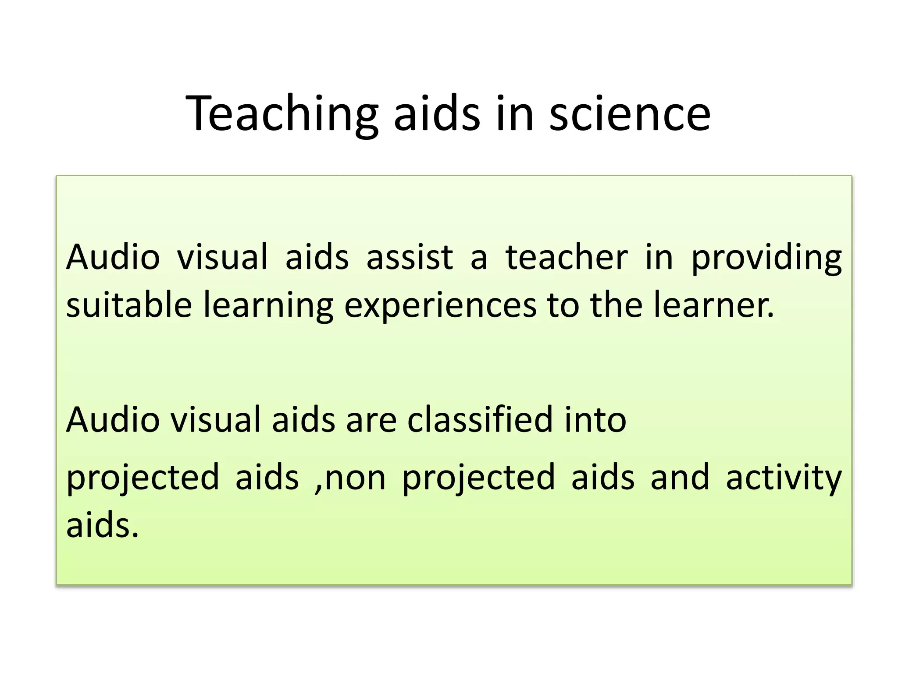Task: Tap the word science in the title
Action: (x=630, y=114)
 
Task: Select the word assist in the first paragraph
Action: (x=410, y=257)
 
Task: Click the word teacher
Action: (x=567, y=257)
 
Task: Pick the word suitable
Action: (x=129, y=305)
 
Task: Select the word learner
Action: (x=714, y=305)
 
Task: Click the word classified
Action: (x=480, y=420)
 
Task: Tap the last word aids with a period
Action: (x=102, y=525)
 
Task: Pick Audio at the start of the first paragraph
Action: (x=113, y=257)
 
